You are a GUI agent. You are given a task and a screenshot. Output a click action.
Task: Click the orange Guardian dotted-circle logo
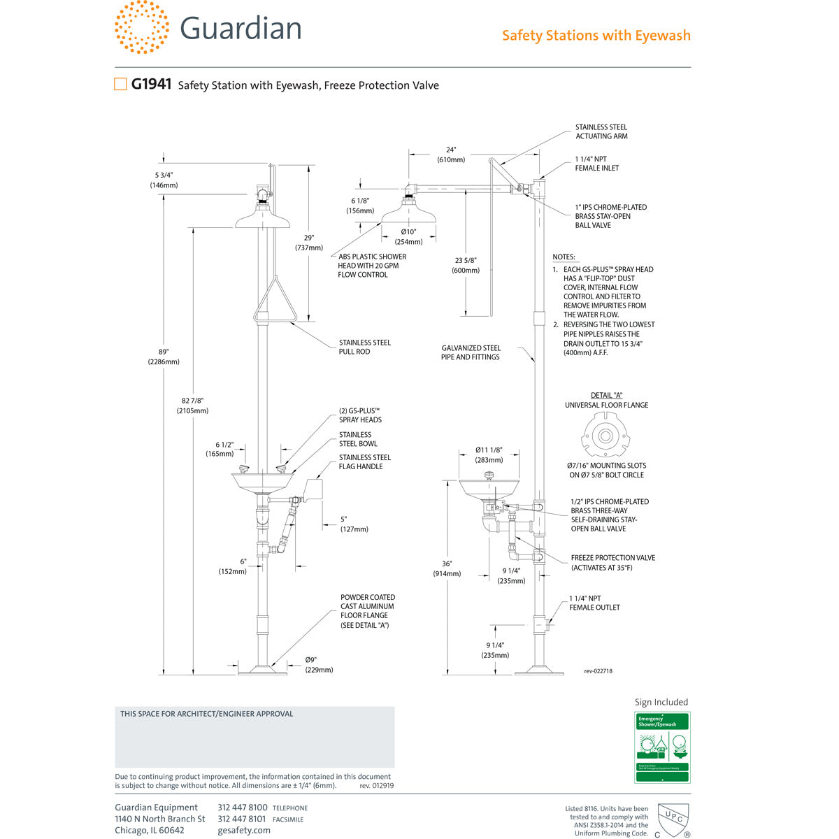point(142,27)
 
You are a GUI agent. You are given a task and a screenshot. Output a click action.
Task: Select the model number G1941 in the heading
point(151,85)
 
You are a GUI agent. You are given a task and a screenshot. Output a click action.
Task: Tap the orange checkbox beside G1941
point(120,85)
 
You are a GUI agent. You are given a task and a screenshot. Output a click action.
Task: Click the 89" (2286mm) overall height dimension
point(164,357)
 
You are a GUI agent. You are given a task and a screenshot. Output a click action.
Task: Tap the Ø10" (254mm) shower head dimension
point(408,237)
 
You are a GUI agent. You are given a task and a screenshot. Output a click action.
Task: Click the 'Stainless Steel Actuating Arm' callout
point(601,131)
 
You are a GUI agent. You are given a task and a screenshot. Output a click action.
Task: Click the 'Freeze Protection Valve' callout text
point(612,563)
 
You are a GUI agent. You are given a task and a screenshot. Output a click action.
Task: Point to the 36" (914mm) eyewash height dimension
point(447,568)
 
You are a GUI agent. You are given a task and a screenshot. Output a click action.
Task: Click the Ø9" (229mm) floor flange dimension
point(319,665)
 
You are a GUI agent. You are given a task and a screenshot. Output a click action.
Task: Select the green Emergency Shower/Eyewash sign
point(662,747)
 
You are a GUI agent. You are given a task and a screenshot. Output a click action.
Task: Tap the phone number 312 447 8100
point(243,808)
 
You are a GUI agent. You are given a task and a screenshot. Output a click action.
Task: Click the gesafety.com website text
point(244,830)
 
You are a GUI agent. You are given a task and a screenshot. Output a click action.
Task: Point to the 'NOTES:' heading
point(564,257)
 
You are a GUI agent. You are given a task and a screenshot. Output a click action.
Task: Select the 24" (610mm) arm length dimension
point(451,155)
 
